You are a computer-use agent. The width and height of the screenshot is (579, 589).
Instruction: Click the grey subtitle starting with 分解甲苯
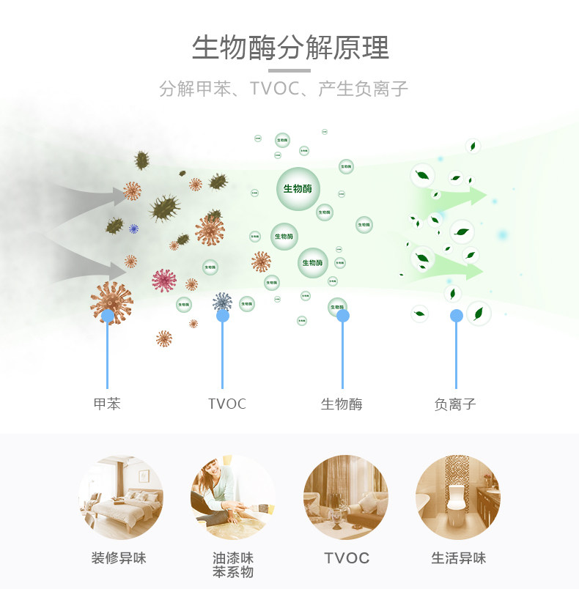point(284,89)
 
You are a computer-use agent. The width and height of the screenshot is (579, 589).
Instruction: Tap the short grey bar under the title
point(289,70)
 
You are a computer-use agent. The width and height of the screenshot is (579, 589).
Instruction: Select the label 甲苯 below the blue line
point(107,404)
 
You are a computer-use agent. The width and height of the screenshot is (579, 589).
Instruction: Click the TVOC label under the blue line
point(227,404)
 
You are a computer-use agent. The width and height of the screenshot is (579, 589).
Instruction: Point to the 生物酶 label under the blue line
point(342,404)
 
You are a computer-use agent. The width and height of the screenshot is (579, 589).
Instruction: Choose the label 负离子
point(455,404)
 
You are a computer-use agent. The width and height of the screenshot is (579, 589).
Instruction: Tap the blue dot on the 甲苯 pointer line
point(108,316)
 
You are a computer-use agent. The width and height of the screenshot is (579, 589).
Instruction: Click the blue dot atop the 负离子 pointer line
point(456,316)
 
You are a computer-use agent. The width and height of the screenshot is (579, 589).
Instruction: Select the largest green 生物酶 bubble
point(298,188)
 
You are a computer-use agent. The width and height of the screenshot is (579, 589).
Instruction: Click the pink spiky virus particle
point(164,280)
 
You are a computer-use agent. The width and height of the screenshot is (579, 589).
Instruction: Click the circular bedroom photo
point(121,498)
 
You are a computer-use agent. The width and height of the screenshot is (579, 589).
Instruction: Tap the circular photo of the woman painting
point(233,498)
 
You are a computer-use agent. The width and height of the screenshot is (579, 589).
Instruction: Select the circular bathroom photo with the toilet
point(457,498)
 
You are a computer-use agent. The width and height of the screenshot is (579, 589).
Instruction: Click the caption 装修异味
point(119,558)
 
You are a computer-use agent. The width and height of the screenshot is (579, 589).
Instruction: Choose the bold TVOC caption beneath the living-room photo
point(347,558)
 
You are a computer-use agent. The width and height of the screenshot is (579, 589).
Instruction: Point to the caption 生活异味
point(458,558)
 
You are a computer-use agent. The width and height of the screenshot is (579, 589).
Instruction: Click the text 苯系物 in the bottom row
point(233,572)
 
